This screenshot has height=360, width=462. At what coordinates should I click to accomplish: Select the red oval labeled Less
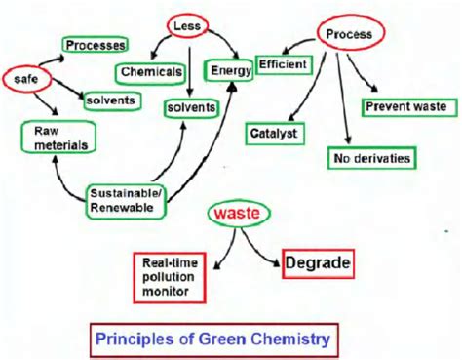[186, 26]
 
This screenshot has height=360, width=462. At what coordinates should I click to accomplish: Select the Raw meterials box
[57, 138]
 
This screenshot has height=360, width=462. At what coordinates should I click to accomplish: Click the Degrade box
[317, 262]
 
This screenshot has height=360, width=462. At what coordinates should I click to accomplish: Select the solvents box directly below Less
[188, 104]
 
